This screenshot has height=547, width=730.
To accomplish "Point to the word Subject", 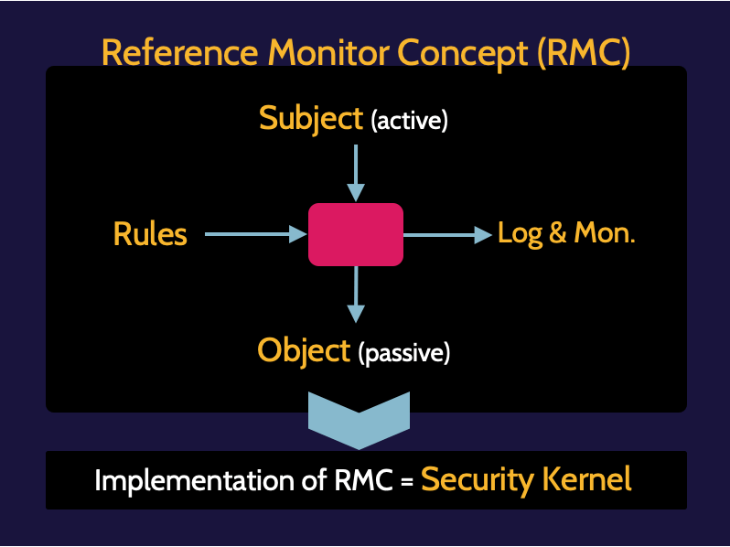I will (311, 118).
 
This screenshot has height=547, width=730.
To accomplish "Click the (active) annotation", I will (409, 121).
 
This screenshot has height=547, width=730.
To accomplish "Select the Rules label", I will (150, 235).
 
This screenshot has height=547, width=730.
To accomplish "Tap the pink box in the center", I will (356, 235).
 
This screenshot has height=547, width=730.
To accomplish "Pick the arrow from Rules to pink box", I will (255, 235).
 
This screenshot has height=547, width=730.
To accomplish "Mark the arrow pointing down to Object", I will (356, 294).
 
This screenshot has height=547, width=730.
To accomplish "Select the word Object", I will (305, 350).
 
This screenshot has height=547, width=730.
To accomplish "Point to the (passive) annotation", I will (404, 353).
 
